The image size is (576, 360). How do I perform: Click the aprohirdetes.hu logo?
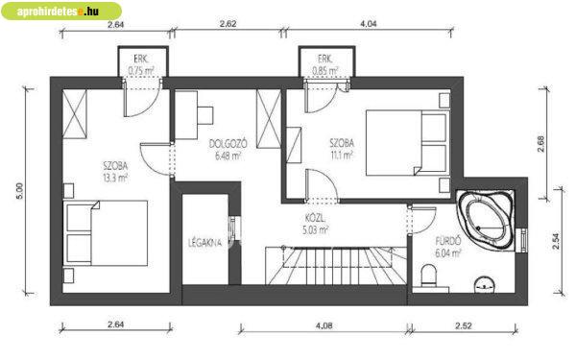click(61, 11)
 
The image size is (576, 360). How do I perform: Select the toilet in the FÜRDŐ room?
click(428, 276)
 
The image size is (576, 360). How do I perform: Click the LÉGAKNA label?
click(205, 243)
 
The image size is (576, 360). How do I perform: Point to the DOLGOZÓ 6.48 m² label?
click(228, 150)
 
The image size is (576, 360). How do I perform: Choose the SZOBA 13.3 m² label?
click(115, 172)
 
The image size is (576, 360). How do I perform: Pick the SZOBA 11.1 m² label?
click(342, 149)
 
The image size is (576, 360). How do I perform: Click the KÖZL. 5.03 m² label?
click(315, 225)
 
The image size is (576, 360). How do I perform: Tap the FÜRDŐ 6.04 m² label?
click(448, 248)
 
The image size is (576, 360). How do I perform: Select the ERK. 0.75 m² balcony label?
click(141, 64)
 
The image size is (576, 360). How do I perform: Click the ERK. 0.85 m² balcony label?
click(325, 64)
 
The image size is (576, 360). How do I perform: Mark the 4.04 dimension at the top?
click(369, 24)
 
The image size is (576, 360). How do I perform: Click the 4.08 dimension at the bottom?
click(324, 325)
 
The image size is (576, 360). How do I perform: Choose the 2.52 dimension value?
click(464, 325)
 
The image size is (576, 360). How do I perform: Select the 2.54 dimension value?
click(556, 241)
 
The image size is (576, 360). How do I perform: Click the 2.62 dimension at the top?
click(228, 24)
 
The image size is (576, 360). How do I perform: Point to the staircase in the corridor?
click(336, 266)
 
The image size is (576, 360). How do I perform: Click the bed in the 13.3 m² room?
click(106, 233)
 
